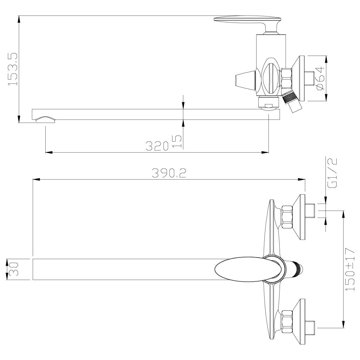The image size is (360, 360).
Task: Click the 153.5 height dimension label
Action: pos(12,69)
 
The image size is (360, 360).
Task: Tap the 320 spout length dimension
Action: pos(157,146)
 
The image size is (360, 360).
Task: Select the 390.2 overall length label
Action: pos(169,173)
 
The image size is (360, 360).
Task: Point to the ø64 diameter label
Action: pos(320,78)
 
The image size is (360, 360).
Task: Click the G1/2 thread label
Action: pos(332,173)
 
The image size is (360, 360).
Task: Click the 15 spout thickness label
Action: pos(177,142)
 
